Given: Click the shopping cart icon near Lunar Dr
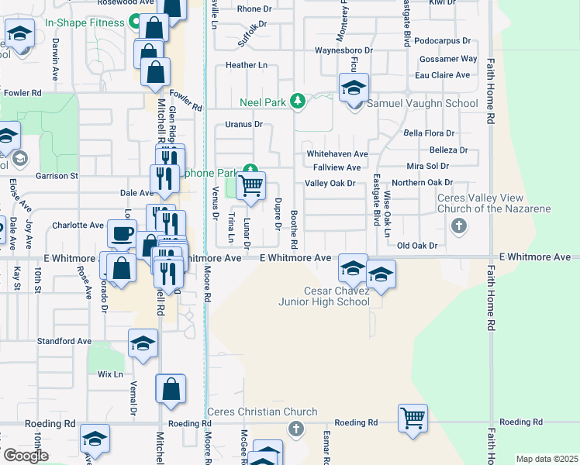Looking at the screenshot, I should tap(250, 185).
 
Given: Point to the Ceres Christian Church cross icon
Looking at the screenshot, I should tap(295, 429).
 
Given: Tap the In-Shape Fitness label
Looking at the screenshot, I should tap(85, 22).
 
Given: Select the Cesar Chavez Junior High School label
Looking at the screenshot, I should tap(325, 296).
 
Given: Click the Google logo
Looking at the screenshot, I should tap(26, 455).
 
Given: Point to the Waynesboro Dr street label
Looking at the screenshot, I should tap(344, 50).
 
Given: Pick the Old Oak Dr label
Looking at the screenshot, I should tap(417, 246).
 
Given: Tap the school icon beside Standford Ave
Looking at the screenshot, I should tap(143, 343).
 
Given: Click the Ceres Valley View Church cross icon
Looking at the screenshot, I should tap(459, 226).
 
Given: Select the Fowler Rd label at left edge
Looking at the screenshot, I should tap(22, 93).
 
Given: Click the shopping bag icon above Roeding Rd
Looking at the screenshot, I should tap(171, 388).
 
